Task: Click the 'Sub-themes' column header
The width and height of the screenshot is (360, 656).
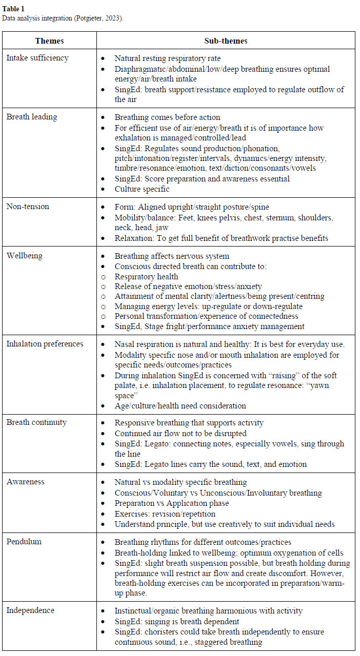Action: click(x=225, y=40)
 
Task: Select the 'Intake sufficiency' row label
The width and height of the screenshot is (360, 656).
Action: click(x=37, y=57)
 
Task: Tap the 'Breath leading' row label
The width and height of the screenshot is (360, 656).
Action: click(x=32, y=116)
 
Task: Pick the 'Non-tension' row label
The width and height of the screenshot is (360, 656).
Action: click(x=28, y=206)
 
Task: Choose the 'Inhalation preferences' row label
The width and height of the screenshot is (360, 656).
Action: click(x=45, y=343)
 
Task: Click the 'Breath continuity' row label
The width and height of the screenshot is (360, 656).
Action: click(x=36, y=422)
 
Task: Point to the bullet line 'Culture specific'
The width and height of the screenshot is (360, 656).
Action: click(x=142, y=189)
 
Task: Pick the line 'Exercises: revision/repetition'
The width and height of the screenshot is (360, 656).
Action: click(x=165, y=514)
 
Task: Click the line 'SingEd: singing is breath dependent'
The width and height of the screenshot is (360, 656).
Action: click(x=177, y=621)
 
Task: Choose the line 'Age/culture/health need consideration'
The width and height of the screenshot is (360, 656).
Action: click(x=180, y=405)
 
